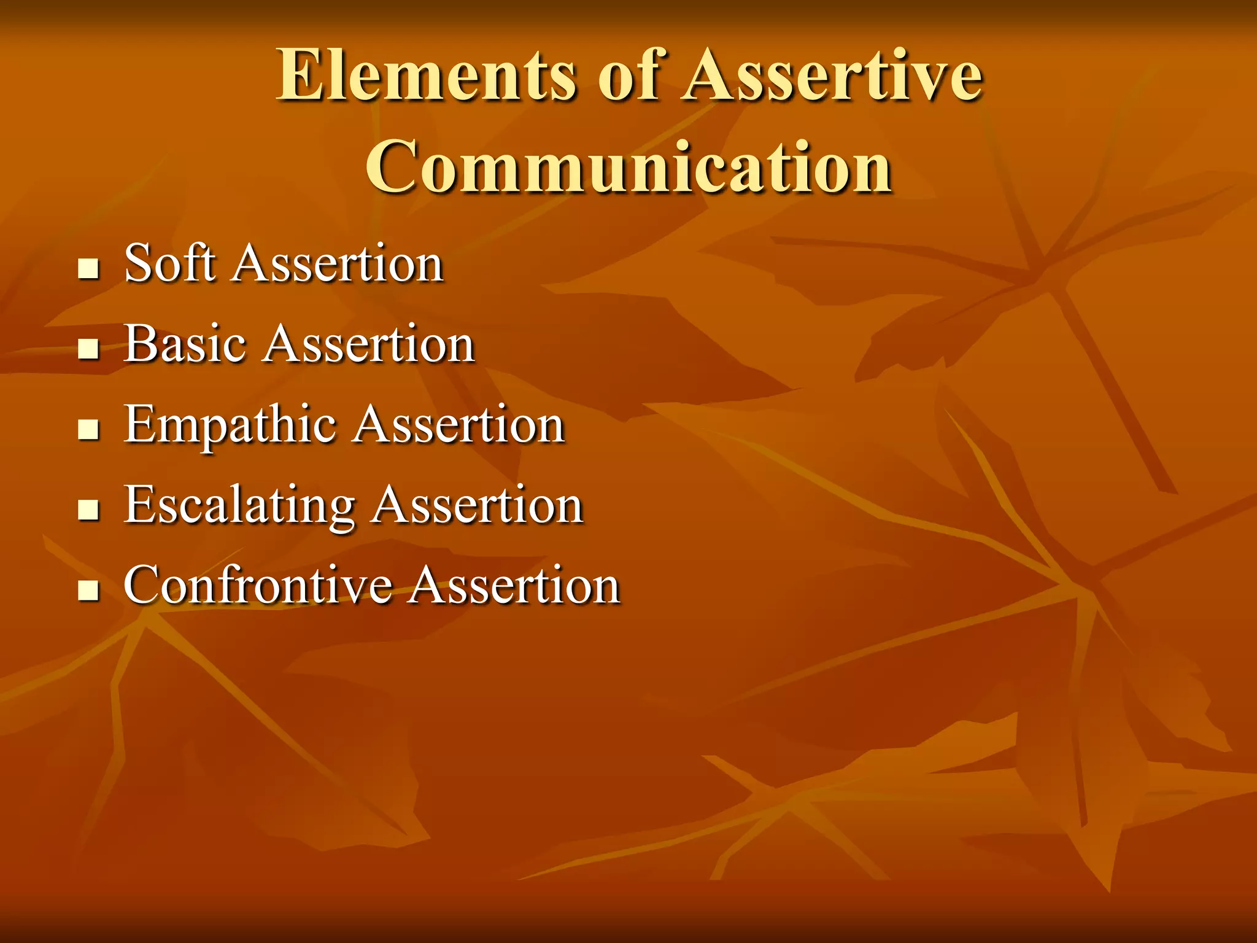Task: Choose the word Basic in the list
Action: pos(185,344)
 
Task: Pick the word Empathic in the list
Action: pos(230,425)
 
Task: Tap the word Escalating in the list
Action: pos(239,505)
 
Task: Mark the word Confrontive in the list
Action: pos(257,585)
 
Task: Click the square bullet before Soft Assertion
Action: pos(89,268)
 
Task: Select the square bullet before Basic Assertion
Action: pos(89,349)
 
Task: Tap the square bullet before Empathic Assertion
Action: pos(89,430)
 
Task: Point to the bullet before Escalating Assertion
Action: pos(89,510)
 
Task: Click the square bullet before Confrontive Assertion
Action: pos(89,591)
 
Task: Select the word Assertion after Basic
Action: pos(369,344)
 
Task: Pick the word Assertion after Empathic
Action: pos(459,425)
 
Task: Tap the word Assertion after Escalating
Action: pos(478,505)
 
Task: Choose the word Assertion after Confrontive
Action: pos(514,586)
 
